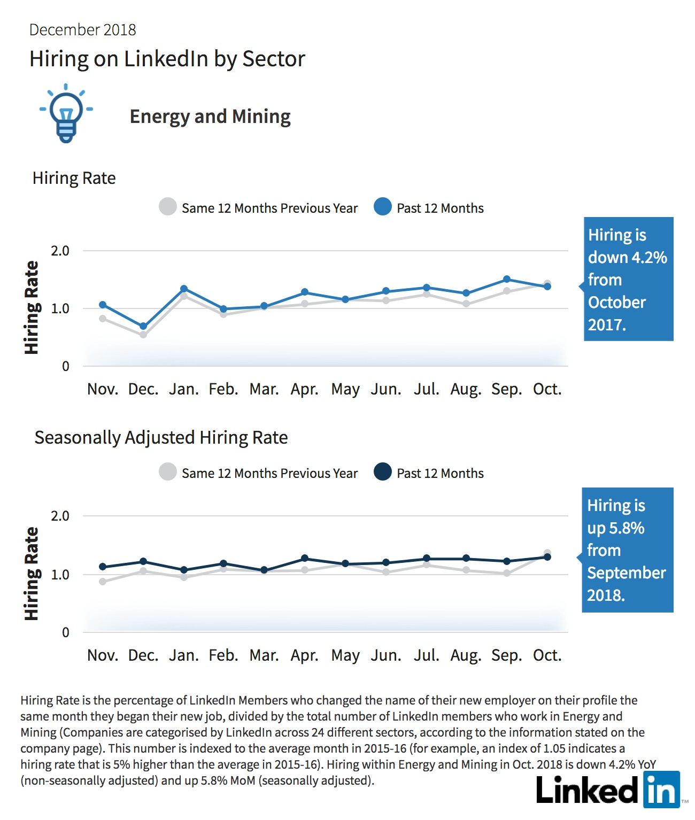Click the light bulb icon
[66, 113]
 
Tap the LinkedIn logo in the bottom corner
[608, 790]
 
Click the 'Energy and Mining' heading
[210, 117]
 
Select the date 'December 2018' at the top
[82, 30]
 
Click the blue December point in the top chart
[143, 326]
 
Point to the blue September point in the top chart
[507, 279]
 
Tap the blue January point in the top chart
[184, 289]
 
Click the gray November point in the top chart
[103, 319]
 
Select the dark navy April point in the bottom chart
[305, 558]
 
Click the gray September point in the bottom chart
[507, 573]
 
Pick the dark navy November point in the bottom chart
[103, 567]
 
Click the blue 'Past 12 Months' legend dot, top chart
[383, 207]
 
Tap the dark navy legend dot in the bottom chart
[383, 471]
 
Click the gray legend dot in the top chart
[168, 207]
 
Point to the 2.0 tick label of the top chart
[60, 251]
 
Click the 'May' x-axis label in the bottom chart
[345, 656]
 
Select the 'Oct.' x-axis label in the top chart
[547, 389]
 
